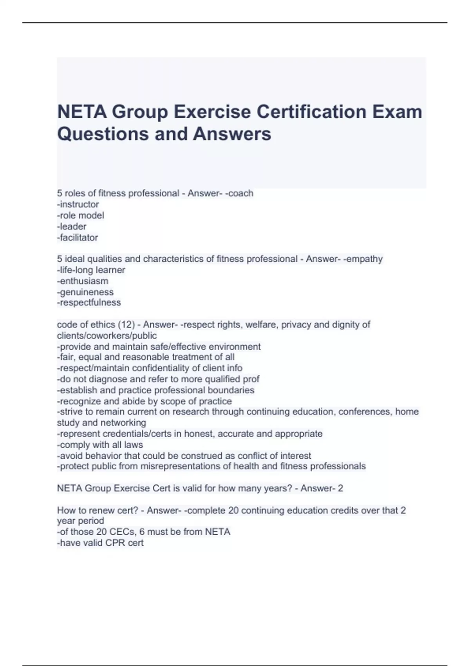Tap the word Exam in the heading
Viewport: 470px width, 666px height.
coord(397,112)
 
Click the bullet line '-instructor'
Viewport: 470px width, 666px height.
coord(78,204)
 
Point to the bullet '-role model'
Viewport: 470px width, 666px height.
coord(81,215)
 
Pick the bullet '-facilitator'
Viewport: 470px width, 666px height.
coord(78,237)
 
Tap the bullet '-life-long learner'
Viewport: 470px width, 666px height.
coord(91,270)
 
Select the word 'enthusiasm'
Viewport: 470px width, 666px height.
coord(84,281)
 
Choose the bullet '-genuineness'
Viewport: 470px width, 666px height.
coord(85,292)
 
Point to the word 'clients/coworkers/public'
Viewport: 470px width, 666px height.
coord(107,335)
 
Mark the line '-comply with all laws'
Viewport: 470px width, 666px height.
coord(100,445)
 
